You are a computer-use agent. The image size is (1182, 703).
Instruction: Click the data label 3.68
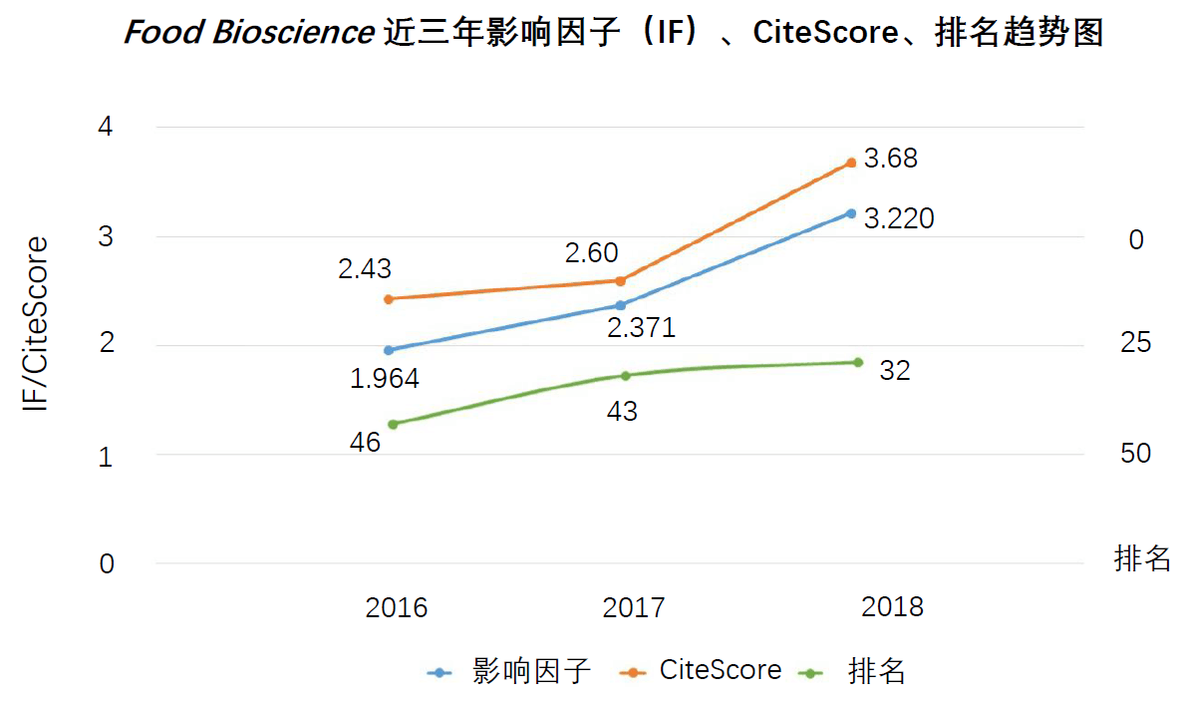pyautogui.click(x=890, y=160)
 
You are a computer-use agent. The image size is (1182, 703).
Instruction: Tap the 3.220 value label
pyautogui.click(x=898, y=218)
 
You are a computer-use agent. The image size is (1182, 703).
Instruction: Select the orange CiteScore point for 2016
pyautogui.click(x=389, y=298)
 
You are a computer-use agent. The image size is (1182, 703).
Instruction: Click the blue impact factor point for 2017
pyautogui.click(x=620, y=305)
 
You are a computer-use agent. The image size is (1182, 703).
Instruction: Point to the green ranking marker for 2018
pyautogui.click(x=857, y=362)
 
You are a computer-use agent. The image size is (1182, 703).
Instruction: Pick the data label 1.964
pyautogui.click(x=385, y=379)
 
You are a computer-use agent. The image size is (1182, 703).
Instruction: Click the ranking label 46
pyautogui.click(x=366, y=442)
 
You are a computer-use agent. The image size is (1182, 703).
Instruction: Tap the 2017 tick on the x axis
pyautogui.click(x=634, y=607)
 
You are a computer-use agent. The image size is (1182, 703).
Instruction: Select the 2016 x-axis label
pyautogui.click(x=396, y=607)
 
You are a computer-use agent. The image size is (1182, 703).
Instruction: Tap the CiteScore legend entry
pyautogui.click(x=721, y=670)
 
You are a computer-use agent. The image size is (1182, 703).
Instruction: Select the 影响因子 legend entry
pyautogui.click(x=531, y=671)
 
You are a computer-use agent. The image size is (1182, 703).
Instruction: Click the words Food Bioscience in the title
pyautogui.click(x=247, y=33)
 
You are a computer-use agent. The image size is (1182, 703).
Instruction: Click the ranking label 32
pyautogui.click(x=895, y=371)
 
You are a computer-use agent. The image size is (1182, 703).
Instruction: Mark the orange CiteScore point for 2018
pyautogui.click(x=851, y=163)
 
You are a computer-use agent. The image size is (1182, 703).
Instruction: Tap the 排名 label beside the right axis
pyautogui.click(x=1142, y=558)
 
